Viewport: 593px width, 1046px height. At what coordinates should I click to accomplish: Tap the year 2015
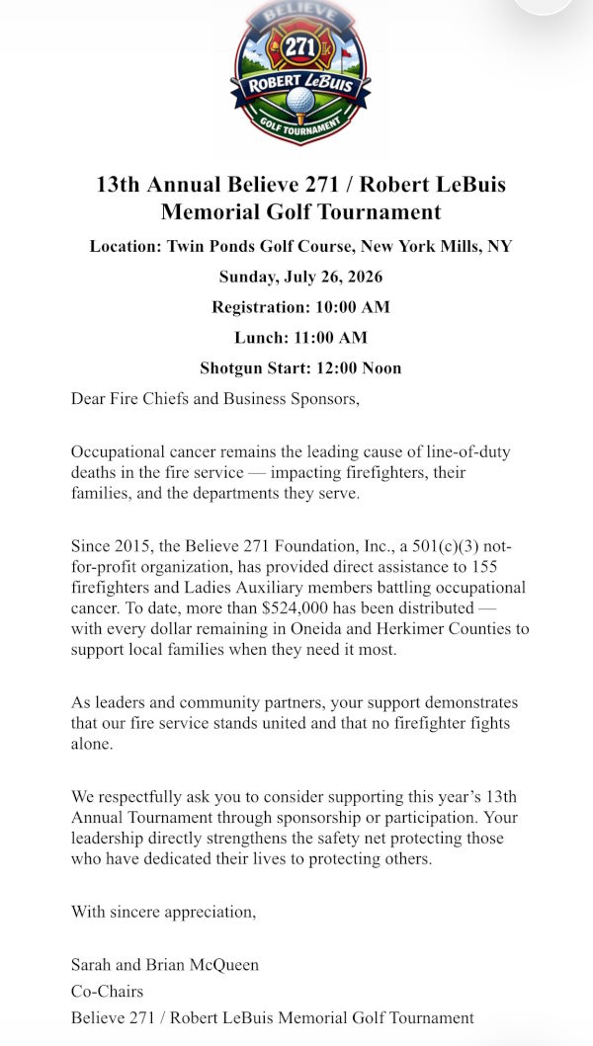[127, 545]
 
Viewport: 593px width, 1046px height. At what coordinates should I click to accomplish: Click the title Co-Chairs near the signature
[107, 991]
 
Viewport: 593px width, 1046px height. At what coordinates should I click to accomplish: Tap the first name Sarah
[92, 965]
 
